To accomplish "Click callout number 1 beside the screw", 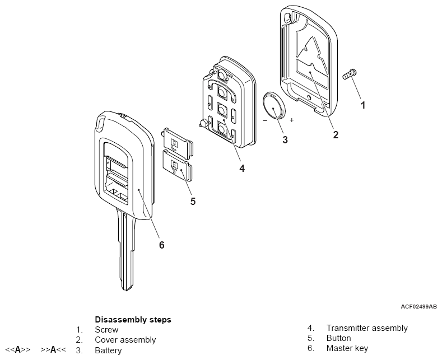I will (363, 105).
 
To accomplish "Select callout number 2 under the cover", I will (335, 134).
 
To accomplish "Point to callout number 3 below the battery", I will (285, 139).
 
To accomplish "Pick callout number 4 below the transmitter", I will (241, 167).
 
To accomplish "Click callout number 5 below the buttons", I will (193, 201).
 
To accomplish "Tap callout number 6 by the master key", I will (162, 245).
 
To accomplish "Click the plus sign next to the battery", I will (291, 120).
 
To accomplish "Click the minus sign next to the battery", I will (264, 120).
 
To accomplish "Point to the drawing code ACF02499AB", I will (418, 307).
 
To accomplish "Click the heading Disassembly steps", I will (133, 320).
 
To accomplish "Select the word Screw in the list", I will (106, 330).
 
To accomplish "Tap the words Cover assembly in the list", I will (125, 340).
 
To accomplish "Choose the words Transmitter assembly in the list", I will (367, 328).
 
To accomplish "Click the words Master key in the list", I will (347, 348).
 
